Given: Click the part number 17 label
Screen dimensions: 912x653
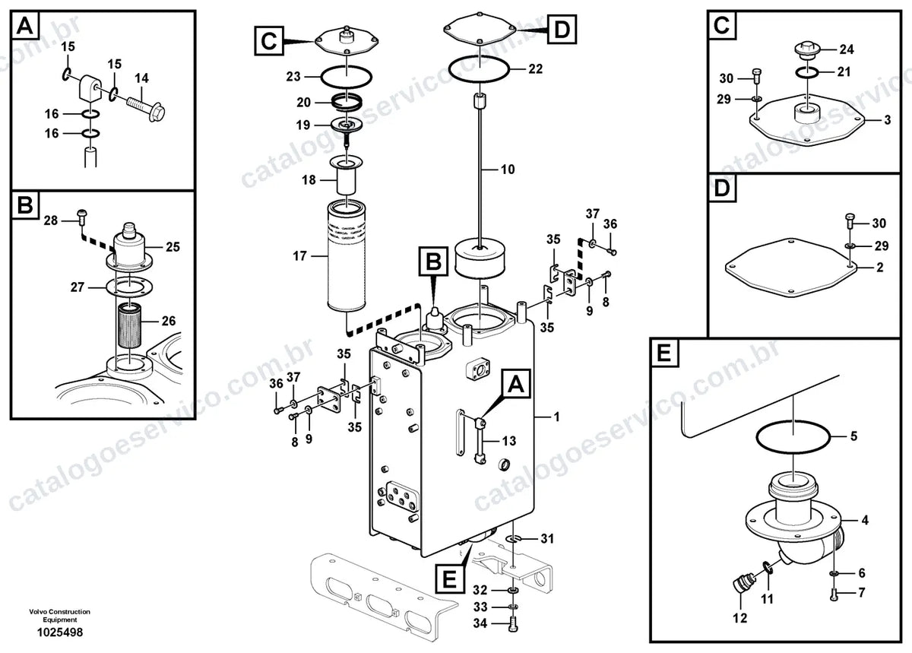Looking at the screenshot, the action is coord(299,256).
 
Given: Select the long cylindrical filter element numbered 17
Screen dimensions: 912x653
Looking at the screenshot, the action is coord(347,257).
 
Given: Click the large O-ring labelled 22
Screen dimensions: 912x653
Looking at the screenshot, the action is coord(479,70).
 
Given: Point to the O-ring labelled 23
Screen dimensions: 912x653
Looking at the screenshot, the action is coord(346,77).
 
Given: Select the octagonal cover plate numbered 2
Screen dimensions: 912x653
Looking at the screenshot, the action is coord(791,268).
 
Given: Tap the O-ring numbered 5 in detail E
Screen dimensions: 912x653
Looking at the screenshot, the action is coord(793,436).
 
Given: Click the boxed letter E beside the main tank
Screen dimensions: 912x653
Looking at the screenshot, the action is coord(449,579).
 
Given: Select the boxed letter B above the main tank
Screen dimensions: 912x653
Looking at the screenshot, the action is coord(433,261).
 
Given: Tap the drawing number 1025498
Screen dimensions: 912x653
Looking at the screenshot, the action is coord(60,632).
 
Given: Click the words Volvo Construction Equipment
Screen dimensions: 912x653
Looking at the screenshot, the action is coord(60,616).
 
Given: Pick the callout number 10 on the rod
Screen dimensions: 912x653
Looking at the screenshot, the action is coord(508,169).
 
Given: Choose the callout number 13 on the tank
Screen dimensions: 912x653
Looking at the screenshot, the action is coord(509,441).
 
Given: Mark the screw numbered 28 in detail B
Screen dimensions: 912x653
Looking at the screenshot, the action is coord(82,217).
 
